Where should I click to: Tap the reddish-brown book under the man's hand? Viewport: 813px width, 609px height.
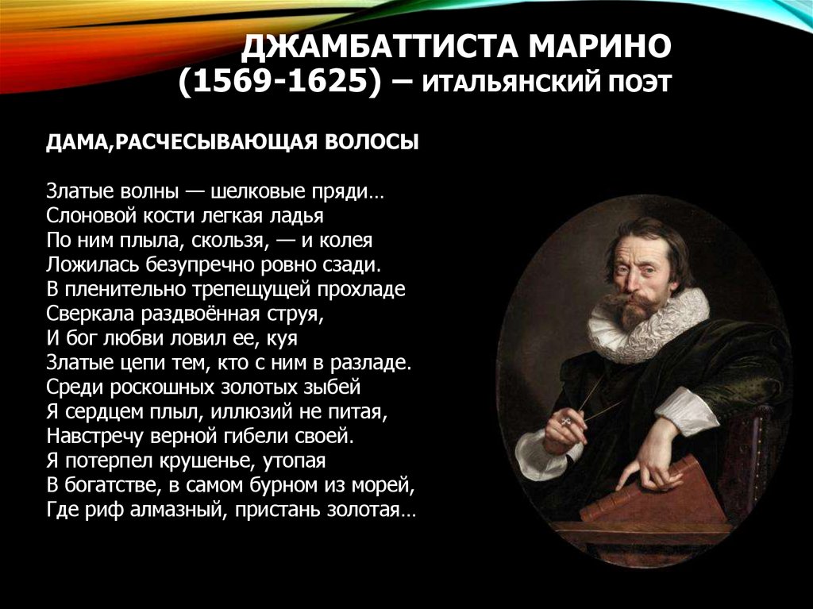(x=652, y=496)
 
